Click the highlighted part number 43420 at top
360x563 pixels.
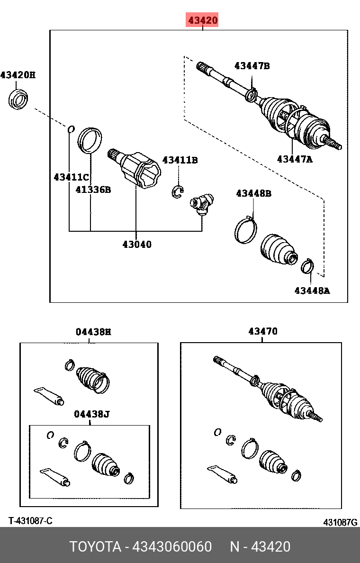click(x=202, y=20)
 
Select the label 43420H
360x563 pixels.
click(x=18, y=75)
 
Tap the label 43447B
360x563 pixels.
click(x=252, y=66)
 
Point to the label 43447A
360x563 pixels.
click(x=295, y=159)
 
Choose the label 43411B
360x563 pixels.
click(x=180, y=160)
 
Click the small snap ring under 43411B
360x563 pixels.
click(x=177, y=191)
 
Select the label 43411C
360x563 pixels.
click(x=71, y=177)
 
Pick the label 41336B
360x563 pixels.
click(x=93, y=190)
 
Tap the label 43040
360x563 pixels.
click(x=137, y=245)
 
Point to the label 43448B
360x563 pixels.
click(x=253, y=193)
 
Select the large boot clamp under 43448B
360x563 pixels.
click(x=246, y=230)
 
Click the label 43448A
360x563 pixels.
click(x=312, y=291)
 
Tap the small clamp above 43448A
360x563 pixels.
click(x=307, y=266)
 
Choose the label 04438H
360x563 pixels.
click(x=93, y=332)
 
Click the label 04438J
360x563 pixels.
click(x=92, y=414)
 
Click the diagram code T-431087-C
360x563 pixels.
click(x=30, y=521)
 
